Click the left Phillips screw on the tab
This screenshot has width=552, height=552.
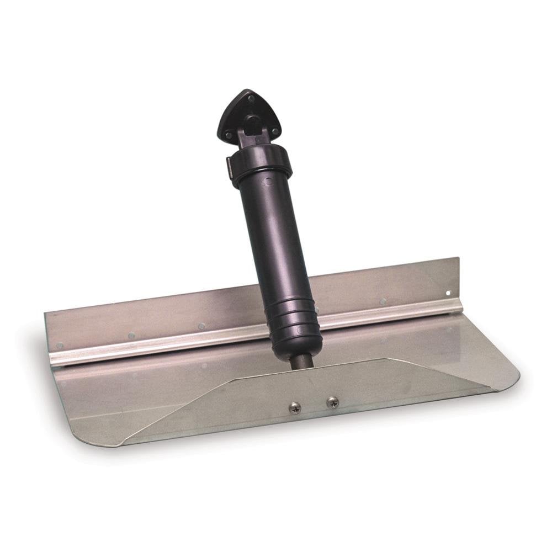[295, 407]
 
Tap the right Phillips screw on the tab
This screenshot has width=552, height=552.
[332, 402]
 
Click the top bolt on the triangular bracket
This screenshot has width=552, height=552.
[251, 98]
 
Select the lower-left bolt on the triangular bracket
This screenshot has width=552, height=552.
[227, 132]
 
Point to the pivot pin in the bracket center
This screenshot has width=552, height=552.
[251, 123]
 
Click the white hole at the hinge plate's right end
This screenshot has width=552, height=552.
[448, 293]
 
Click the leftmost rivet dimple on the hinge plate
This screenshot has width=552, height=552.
[60, 346]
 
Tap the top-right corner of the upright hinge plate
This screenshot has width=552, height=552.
[457, 259]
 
